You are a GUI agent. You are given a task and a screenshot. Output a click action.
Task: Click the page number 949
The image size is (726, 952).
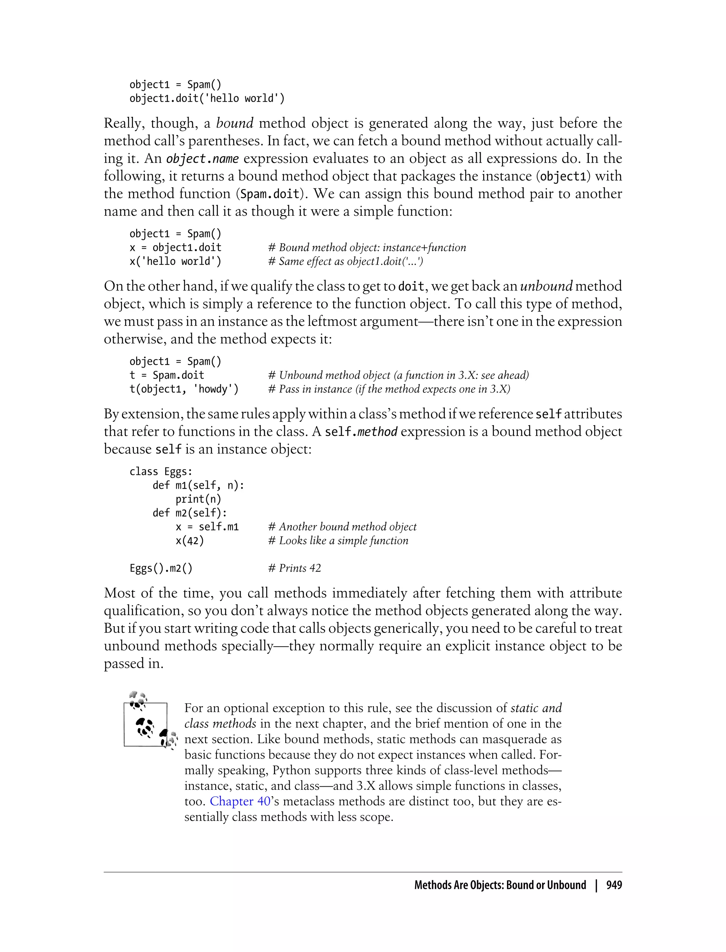[614, 885]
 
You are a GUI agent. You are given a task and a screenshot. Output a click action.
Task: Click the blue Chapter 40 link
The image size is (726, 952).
[240, 801]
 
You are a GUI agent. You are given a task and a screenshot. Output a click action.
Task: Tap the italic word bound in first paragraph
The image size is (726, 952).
[234, 124]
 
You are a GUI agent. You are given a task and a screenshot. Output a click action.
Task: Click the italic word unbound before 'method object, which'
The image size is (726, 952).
[546, 286]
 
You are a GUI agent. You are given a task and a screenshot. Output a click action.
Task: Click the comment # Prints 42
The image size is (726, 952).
[294, 568]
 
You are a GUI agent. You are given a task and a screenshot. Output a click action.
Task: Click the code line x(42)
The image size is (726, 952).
[189, 540]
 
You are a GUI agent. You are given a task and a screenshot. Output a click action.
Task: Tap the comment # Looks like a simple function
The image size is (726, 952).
[338, 540]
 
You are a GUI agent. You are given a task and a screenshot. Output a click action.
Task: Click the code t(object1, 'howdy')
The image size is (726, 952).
[184, 389]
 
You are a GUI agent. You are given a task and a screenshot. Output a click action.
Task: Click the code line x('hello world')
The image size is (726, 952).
[175, 261]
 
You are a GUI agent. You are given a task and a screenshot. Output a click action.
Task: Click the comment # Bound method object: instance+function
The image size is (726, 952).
[367, 248]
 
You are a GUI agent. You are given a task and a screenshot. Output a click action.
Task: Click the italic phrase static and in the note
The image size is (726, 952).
[536, 708]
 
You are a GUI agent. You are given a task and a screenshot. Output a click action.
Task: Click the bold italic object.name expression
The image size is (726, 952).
[202, 159]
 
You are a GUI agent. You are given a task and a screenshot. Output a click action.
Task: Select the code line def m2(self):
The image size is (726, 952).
[189, 513]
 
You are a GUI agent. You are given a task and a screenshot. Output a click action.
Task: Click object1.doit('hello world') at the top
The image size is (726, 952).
[207, 98]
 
